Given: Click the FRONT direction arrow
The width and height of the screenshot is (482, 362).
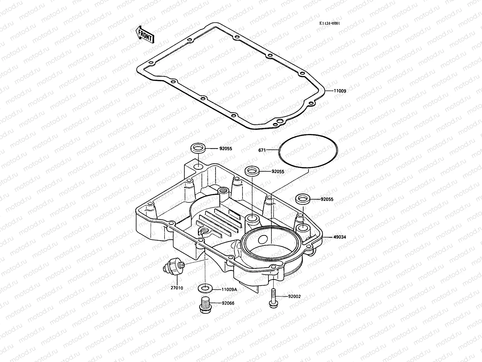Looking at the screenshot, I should point(145,34).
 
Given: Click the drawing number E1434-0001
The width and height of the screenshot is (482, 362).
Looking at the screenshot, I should point(330,24).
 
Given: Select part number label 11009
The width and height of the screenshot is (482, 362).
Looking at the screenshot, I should point(340,91).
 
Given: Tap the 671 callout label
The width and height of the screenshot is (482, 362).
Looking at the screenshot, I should point(262,150).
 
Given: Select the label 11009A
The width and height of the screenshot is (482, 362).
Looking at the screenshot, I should point(229,289).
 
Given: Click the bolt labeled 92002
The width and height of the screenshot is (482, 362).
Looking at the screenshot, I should point(272,298).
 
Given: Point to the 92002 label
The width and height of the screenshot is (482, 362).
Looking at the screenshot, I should point(294,297).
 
